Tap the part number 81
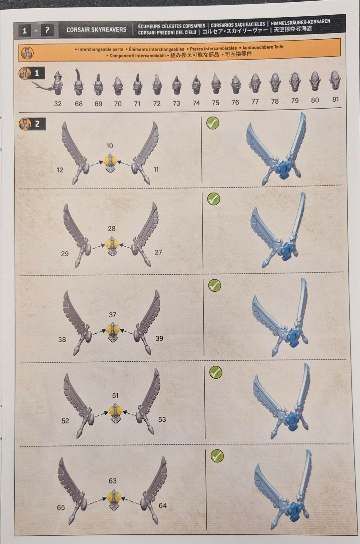coord(335,99)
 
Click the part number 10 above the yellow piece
coord(110,146)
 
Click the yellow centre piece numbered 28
coord(112,246)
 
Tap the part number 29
coord(65,254)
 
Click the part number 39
coord(159,338)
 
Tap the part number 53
coord(162,419)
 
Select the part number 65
coord(61,507)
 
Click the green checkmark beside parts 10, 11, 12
coord(213,123)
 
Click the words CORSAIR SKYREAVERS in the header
coord(96,30)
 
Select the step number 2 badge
coord(32,124)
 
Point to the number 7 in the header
coord(47,30)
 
